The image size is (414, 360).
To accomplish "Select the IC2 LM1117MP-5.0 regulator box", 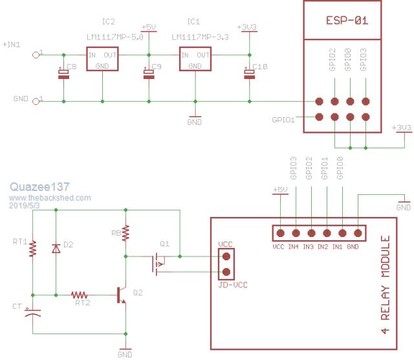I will tap(103, 60).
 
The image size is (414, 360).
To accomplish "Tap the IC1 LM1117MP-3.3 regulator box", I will tap(195, 60).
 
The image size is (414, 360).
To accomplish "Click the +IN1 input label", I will tap(11, 45).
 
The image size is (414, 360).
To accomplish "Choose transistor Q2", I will tap(122, 295).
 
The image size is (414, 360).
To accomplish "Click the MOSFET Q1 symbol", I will tap(157, 262).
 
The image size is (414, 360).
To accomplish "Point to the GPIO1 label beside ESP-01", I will tap(283, 120).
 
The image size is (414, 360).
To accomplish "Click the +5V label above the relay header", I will tap(279, 190).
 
